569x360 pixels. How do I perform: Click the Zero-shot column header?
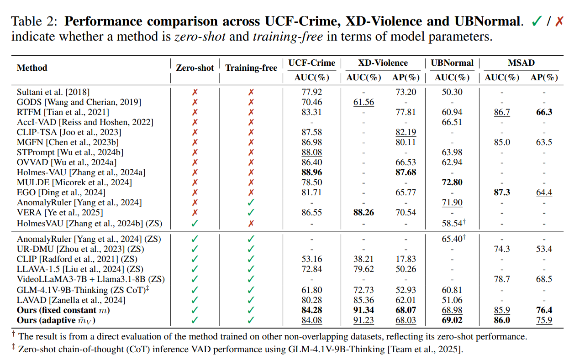tap(195, 68)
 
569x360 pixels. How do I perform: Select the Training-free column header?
tap(251, 68)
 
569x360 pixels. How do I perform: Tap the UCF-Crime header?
tap(311, 63)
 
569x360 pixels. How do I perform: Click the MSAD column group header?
tap(521, 63)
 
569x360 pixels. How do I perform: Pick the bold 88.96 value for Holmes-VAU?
tap(311, 172)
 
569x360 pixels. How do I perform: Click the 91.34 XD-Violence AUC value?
tap(364, 310)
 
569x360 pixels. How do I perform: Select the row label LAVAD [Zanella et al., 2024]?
tap(71, 300)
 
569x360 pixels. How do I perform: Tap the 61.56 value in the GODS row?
tap(364, 102)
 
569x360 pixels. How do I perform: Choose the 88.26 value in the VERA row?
tap(364, 213)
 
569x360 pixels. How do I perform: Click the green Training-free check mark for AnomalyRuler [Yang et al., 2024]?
tap(251, 203)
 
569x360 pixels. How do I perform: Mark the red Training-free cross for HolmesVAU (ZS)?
tap(251, 224)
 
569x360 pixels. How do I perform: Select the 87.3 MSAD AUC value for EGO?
tap(501, 193)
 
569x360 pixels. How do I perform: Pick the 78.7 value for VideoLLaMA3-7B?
tap(501, 279)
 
